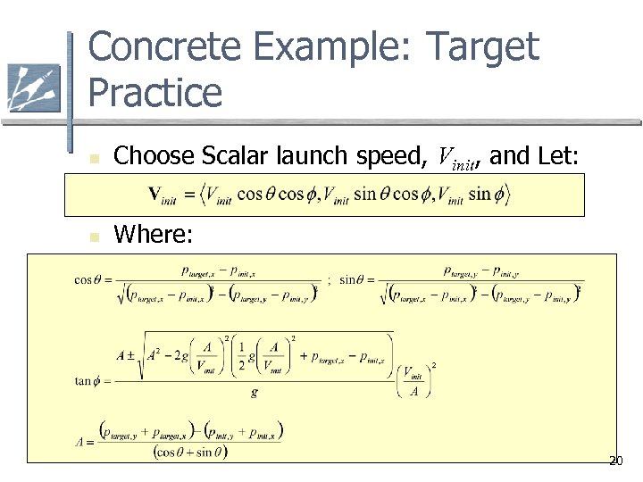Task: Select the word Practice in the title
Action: pyautogui.click(x=155, y=93)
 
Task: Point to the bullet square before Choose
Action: pyautogui.click(x=93, y=160)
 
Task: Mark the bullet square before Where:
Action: pyautogui.click(x=93, y=237)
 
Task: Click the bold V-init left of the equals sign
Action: pyautogui.click(x=164, y=195)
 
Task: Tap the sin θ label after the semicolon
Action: pyautogui.click(x=354, y=279)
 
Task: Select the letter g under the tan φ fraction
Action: pyautogui.click(x=255, y=392)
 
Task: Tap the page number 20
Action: pyautogui.click(x=615, y=461)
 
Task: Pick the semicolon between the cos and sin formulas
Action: pyautogui.click(x=329, y=279)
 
